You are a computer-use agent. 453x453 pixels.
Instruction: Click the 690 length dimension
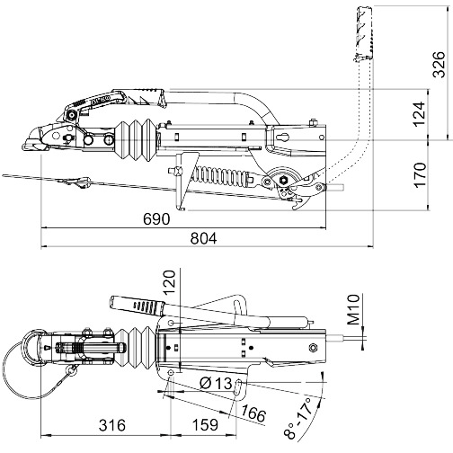point(156,219)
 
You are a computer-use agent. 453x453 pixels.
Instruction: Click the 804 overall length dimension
point(203,239)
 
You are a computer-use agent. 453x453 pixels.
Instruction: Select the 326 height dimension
point(440,65)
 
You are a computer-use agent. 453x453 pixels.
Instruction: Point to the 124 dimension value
point(420,114)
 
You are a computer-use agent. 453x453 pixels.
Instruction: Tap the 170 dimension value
point(420,175)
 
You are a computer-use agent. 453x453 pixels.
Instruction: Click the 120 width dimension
point(169,283)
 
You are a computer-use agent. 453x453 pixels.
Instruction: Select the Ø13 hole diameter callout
point(216,383)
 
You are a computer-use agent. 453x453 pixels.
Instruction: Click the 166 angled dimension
point(253,413)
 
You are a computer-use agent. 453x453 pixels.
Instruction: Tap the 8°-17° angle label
point(298,418)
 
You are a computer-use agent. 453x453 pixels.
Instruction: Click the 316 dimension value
point(112,425)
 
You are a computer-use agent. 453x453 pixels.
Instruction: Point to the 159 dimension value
point(205,425)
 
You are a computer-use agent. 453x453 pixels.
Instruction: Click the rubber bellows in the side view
point(136,140)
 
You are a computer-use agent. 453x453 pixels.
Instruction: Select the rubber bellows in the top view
point(136,348)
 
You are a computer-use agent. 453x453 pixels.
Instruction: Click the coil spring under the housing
point(222,175)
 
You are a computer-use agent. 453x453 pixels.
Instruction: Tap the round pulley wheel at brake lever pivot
point(282,180)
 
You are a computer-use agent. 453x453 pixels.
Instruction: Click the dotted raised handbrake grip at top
point(364,33)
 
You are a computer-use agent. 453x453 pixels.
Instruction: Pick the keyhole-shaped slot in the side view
point(283,138)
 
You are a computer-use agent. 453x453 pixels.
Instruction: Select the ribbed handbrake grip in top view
point(137,305)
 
